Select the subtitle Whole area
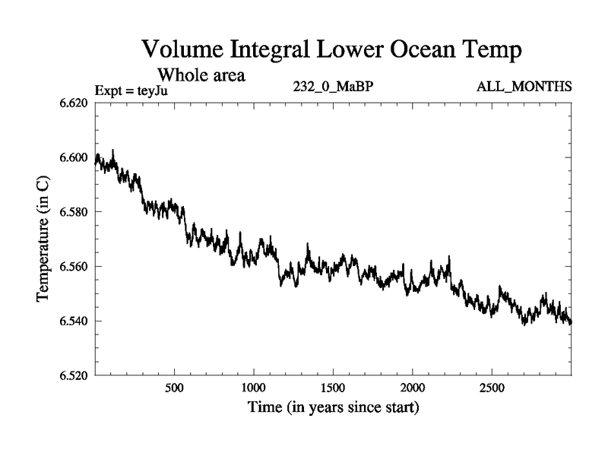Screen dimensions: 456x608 click(201, 75)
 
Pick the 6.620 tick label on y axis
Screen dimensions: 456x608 click(74, 103)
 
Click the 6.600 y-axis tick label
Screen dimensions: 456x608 click(74, 157)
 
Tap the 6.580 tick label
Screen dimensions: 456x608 click(74, 211)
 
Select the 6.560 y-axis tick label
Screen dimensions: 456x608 click(74, 266)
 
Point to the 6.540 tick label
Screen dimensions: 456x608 click(74, 321)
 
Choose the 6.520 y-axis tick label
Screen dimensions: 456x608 click(74, 375)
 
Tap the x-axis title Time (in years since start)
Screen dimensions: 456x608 click(333, 408)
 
